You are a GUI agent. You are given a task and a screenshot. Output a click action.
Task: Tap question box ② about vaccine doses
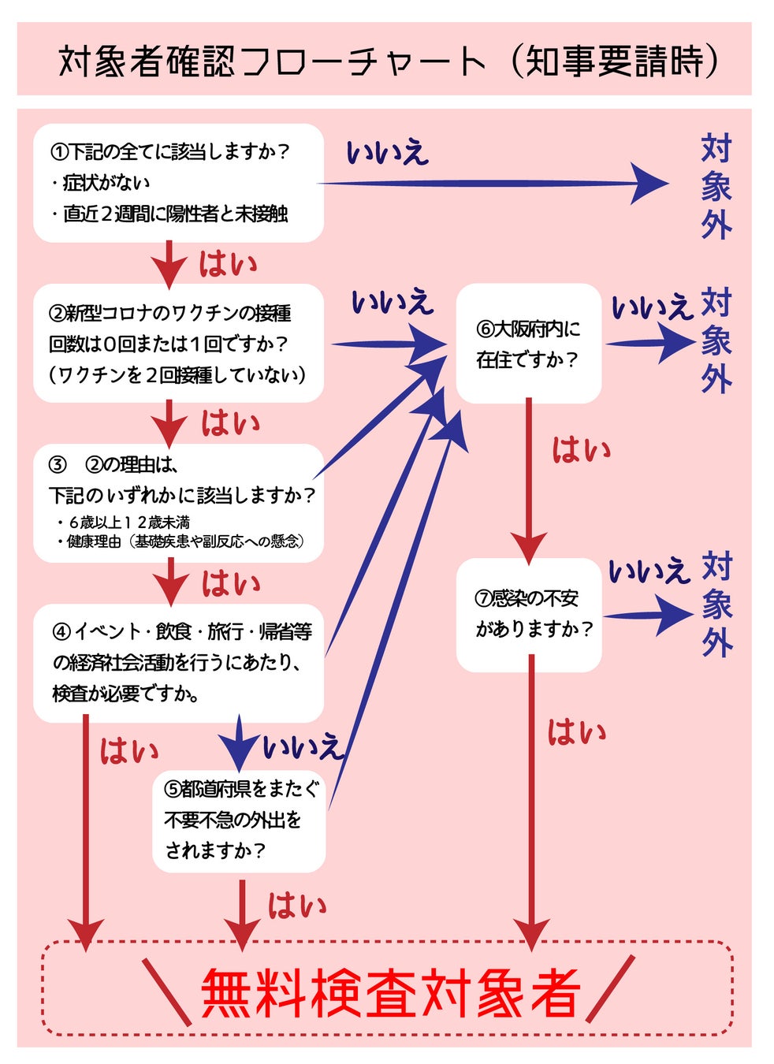pyautogui.click(x=178, y=344)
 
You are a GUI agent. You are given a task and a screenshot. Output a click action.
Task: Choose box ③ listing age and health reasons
pyautogui.click(x=178, y=503)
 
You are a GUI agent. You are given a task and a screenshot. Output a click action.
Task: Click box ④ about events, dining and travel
pyautogui.click(x=178, y=662)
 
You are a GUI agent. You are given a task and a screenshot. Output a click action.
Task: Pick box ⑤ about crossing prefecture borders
pyautogui.click(x=239, y=820)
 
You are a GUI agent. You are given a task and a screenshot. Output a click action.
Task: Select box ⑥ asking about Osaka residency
pyautogui.click(x=528, y=344)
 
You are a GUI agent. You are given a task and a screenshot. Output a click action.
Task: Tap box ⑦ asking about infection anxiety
pyautogui.click(x=529, y=614)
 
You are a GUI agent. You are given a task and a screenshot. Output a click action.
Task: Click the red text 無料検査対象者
pyautogui.click(x=391, y=992)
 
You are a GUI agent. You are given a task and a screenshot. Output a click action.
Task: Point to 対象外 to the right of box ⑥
pyautogui.click(x=716, y=340)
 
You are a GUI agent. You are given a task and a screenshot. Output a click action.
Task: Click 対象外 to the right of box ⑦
pyautogui.click(x=717, y=605)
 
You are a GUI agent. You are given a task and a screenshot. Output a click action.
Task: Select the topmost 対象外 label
pyautogui.click(x=716, y=187)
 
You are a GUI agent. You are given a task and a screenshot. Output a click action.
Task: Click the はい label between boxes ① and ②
pyautogui.click(x=228, y=264)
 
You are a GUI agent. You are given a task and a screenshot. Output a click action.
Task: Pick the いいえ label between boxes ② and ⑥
pyautogui.click(x=392, y=302)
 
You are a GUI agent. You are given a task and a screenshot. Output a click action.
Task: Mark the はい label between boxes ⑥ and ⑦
pyautogui.click(x=581, y=451)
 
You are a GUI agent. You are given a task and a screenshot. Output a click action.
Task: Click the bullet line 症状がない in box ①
pyautogui.click(x=106, y=183)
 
